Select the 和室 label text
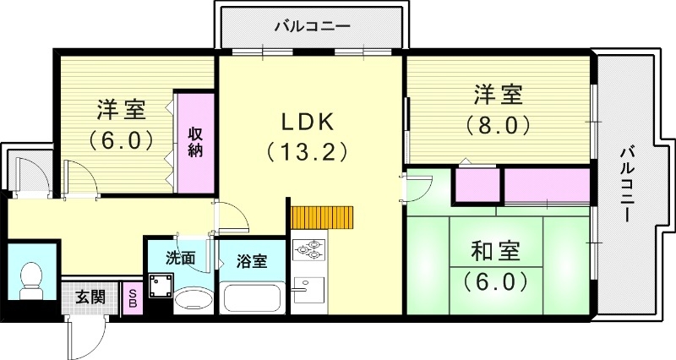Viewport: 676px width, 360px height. (497, 251)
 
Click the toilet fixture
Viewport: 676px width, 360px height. (30, 275)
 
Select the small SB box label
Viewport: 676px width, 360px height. (133, 297)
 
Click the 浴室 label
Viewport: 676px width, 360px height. (252, 260)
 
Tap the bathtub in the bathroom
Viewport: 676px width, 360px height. (252, 298)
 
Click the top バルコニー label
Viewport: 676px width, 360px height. (312, 26)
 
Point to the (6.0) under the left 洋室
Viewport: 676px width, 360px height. (121, 139)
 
